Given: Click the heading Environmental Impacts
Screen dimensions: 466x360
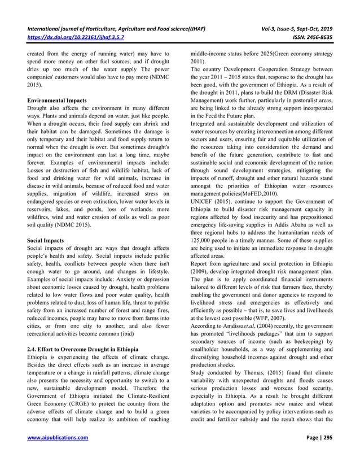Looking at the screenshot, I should [x=57, y=100].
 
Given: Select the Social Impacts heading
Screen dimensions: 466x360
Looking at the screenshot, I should [x=45, y=240].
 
